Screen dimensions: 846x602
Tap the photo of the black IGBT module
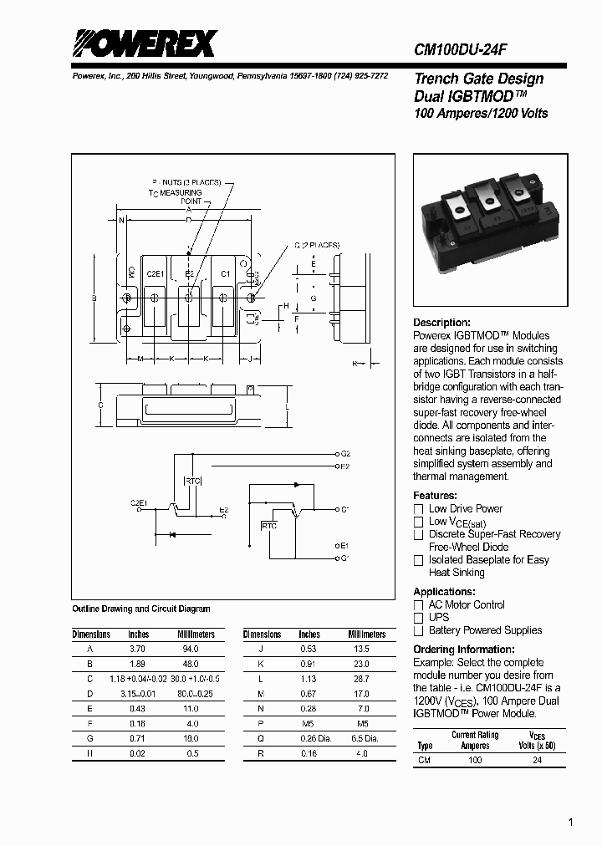click(485, 230)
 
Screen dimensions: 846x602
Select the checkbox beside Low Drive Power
click(419, 509)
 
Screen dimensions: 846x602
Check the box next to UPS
click(419, 618)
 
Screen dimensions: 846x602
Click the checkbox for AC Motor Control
click(419, 605)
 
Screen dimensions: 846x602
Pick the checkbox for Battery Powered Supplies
click(419, 631)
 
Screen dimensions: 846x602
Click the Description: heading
click(441, 323)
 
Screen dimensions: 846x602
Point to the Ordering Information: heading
click(464, 650)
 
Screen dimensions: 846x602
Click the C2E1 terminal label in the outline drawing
click(156, 274)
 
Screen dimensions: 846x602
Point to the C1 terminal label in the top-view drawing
click(225, 274)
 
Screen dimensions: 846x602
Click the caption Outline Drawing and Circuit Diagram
click(141, 609)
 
